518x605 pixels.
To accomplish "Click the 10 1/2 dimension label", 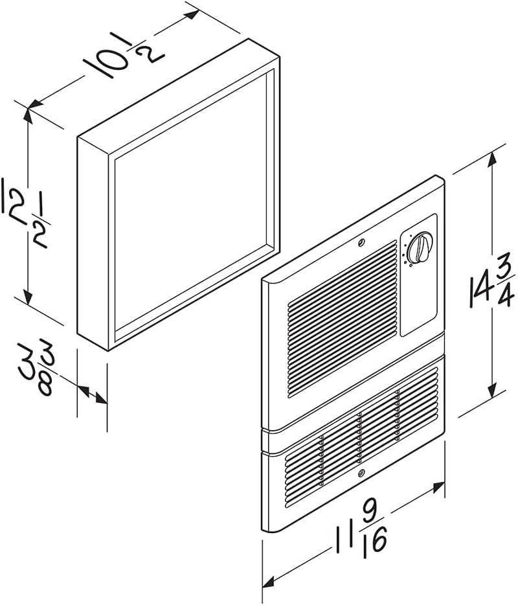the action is (x=124, y=55).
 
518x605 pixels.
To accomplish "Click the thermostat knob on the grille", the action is (x=421, y=247).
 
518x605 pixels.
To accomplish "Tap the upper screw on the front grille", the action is (x=361, y=242).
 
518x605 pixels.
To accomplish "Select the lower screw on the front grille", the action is (x=361, y=473).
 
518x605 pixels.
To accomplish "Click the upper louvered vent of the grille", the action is (x=343, y=319).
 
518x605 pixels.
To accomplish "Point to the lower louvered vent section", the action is (x=362, y=437).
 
